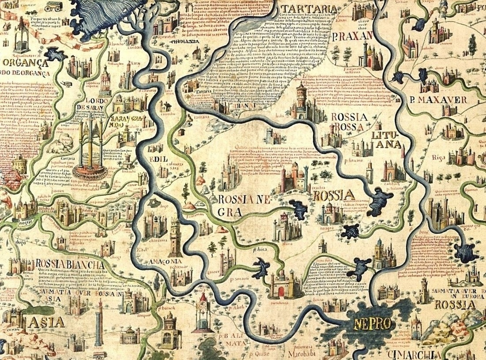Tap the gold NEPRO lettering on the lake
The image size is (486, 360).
(372, 324)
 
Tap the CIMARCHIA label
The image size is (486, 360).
(409, 355)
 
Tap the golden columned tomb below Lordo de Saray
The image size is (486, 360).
(90, 146)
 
